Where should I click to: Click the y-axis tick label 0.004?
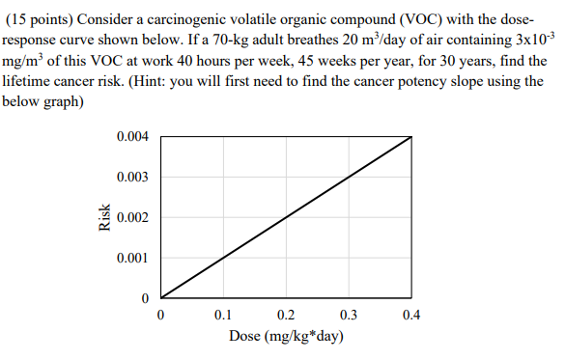(x=131, y=137)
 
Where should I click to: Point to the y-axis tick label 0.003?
(x=131, y=178)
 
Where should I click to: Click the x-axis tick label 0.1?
(x=224, y=315)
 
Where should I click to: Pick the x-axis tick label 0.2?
(x=287, y=315)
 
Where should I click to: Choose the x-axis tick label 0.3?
(x=350, y=315)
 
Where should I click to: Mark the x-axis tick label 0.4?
(x=412, y=315)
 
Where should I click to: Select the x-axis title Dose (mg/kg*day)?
(x=287, y=337)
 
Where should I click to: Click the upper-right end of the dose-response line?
(x=412, y=137)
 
